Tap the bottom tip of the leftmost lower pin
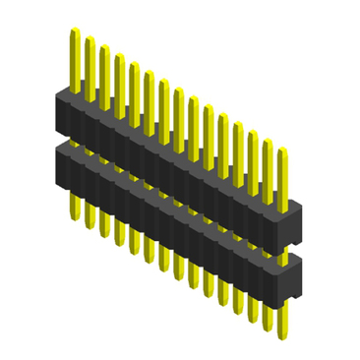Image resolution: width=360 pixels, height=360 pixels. pos(75,217)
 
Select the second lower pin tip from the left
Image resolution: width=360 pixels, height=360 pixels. pos(90,226)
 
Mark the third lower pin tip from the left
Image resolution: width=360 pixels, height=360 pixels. pos(104,234)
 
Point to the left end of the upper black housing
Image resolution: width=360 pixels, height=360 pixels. pos(61,104)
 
